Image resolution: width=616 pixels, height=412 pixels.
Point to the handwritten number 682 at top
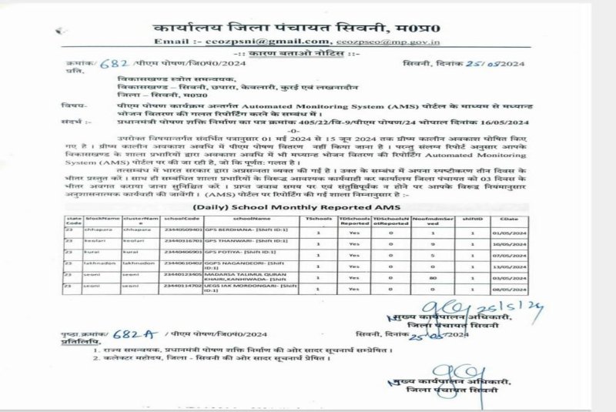tap(115, 63)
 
